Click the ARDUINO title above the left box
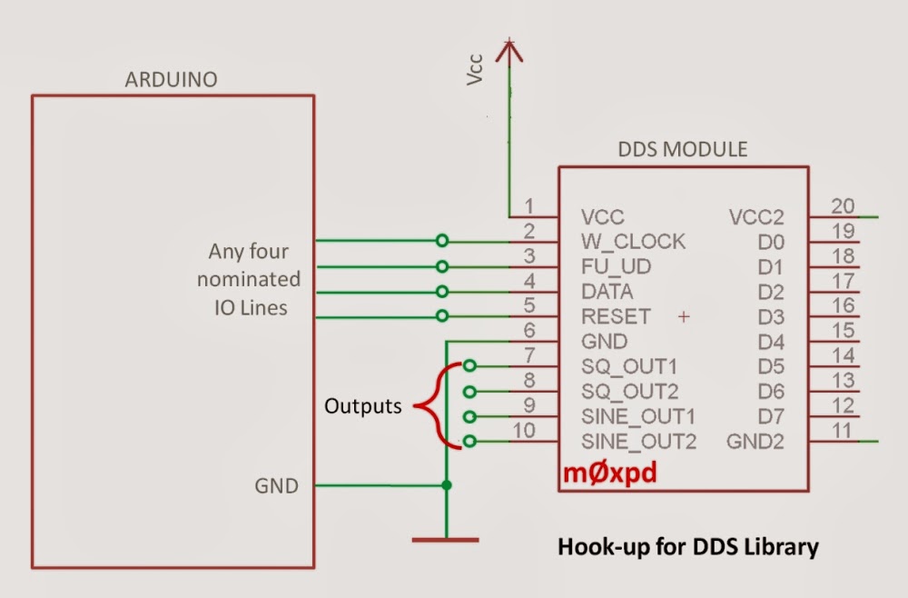click(171, 80)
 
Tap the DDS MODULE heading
click(683, 149)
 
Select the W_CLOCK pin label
click(633, 242)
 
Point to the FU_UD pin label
click(617, 267)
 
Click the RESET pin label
click(616, 316)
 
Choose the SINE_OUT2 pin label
click(638, 442)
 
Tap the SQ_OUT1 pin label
click(629, 366)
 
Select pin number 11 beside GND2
click(843, 430)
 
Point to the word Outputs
click(363, 406)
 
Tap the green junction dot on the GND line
click(446, 485)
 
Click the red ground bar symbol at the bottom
click(445, 540)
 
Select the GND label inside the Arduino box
click(276, 485)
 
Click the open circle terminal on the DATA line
click(442, 291)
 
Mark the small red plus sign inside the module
click(684, 316)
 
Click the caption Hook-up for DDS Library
click(687, 547)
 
